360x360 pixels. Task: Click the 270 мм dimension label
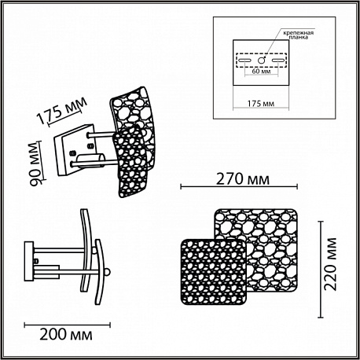click(x=243, y=179)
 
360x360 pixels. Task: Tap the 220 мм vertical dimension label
click(x=330, y=264)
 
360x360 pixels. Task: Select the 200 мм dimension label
click(x=66, y=335)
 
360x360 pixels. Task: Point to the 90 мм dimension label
click(x=35, y=164)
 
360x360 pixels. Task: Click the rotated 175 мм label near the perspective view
click(x=62, y=111)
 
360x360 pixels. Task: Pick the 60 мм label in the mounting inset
click(x=261, y=72)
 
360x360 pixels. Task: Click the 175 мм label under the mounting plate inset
click(x=261, y=104)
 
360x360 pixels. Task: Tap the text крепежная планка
click(x=298, y=35)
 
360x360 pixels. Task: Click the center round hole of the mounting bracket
click(x=261, y=61)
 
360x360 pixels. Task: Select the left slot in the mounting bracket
click(x=244, y=61)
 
